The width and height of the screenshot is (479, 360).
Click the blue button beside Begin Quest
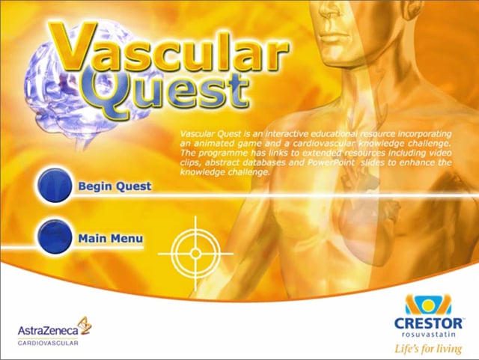click(x=55, y=185)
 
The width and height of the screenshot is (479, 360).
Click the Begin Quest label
click(x=115, y=186)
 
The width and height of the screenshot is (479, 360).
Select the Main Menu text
click(x=111, y=238)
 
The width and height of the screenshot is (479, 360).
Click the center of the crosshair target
click(x=195, y=254)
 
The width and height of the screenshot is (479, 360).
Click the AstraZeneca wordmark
click(x=48, y=330)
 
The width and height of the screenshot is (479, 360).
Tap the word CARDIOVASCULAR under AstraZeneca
click(x=48, y=344)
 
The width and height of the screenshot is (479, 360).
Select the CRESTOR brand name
click(x=428, y=323)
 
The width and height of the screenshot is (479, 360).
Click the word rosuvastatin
click(x=428, y=334)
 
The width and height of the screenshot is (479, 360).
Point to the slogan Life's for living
click(x=428, y=349)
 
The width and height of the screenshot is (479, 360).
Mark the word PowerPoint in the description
click(x=331, y=162)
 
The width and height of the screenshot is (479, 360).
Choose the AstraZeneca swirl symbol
click(x=85, y=326)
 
